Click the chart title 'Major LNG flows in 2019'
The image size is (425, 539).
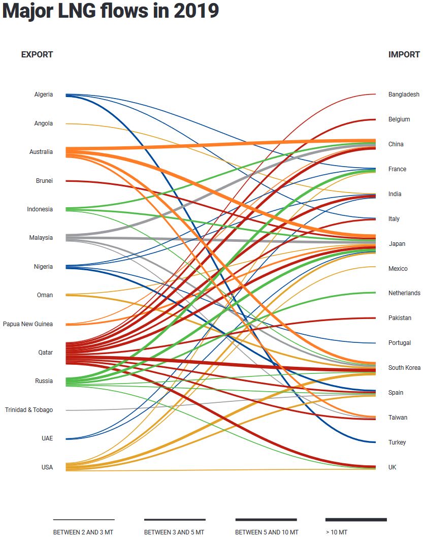[110, 11]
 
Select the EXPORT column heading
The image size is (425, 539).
[37, 55]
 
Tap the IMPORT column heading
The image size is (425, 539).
[404, 55]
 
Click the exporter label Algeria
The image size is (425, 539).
[43, 94]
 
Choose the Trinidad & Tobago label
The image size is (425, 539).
[28, 410]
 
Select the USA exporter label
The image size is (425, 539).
[46, 467]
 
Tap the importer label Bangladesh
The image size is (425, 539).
[404, 94]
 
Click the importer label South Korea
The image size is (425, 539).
[404, 368]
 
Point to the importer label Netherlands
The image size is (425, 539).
[404, 293]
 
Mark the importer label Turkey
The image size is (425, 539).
[397, 442]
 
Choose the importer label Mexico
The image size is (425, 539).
[398, 269]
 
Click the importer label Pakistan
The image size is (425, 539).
[400, 318]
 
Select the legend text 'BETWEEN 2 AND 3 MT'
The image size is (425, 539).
[84, 532]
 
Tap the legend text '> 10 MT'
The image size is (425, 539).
[337, 532]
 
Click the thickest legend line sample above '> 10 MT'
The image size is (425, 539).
[356, 520]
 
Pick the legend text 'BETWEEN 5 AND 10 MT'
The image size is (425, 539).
[267, 532]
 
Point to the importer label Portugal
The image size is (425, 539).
[400, 343]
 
